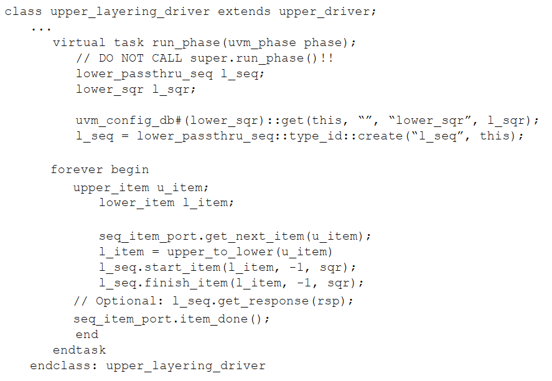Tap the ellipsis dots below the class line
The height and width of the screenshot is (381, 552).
40,27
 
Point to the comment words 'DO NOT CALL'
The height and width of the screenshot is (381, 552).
141,59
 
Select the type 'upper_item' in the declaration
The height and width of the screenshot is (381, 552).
111,187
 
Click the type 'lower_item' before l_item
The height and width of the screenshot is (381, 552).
137,203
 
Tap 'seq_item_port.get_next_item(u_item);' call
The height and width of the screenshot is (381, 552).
235,237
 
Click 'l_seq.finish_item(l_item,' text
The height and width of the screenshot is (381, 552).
190,283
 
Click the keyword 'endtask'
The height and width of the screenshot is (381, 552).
80,350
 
